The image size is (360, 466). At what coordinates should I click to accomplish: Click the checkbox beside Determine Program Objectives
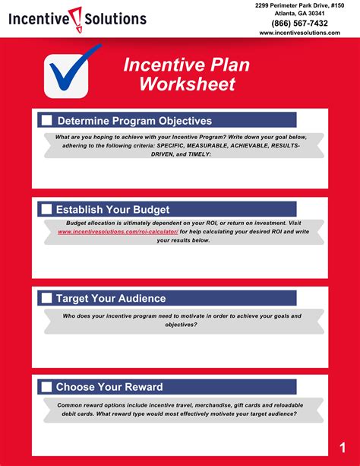(x=46, y=120)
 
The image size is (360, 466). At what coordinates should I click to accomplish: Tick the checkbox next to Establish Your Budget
(x=46, y=209)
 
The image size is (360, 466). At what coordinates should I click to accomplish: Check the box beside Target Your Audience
(x=46, y=298)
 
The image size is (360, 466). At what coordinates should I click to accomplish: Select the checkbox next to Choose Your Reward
(x=46, y=387)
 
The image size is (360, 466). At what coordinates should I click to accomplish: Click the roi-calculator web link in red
(x=118, y=232)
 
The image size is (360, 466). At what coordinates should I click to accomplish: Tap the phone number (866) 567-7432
(x=299, y=23)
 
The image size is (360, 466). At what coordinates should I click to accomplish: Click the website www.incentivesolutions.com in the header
(x=299, y=33)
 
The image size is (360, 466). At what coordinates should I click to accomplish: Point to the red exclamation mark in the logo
(x=76, y=19)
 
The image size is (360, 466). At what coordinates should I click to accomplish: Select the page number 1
(x=343, y=448)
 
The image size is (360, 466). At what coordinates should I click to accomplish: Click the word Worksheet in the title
(x=188, y=84)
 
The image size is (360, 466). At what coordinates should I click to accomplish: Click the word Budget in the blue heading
(x=151, y=210)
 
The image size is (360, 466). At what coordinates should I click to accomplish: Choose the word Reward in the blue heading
(x=144, y=387)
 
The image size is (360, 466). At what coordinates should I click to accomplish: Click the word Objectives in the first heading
(x=185, y=121)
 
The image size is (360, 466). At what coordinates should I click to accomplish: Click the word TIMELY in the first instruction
(x=199, y=154)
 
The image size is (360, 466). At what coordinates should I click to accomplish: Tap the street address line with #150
(x=299, y=5)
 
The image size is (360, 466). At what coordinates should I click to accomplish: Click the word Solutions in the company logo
(x=115, y=19)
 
